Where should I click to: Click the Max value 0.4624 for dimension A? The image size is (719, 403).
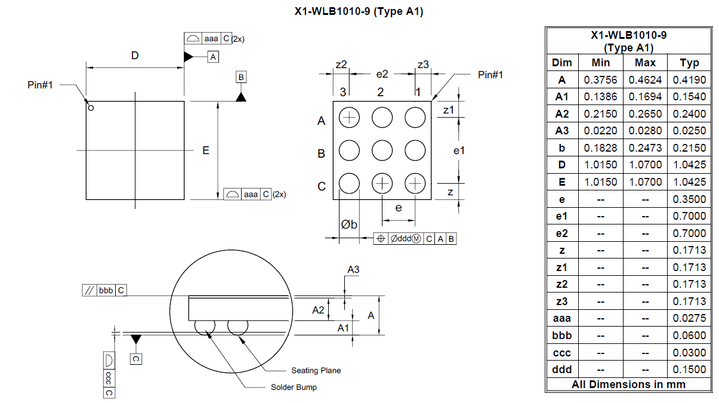click(645, 79)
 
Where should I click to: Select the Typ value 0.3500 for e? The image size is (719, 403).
click(689, 199)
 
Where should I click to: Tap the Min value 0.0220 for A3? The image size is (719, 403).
click(600, 131)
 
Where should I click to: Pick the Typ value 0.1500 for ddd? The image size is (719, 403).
click(689, 370)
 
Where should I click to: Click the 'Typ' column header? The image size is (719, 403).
click(689, 63)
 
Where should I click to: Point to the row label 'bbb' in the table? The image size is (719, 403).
click(561, 336)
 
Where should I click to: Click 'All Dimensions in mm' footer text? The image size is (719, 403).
click(628, 384)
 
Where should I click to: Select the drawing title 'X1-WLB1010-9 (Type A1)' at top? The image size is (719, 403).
click(359, 11)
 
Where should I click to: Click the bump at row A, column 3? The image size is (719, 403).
click(349, 118)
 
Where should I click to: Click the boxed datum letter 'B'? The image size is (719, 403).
click(241, 77)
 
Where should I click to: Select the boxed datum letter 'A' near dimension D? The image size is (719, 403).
click(213, 57)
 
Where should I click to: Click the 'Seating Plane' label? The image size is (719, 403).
click(316, 371)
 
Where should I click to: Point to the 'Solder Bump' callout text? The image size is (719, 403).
click(294, 387)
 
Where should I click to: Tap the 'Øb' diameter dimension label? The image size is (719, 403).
click(349, 224)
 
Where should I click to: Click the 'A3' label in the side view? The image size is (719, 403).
click(353, 270)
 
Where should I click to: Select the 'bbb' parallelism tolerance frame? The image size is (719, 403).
click(104, 290)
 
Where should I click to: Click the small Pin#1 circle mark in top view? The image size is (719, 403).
click(91, 108)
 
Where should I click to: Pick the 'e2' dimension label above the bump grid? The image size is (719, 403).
click(382, 74)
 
